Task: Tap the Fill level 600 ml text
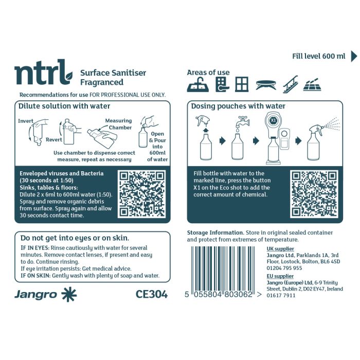click(x=318, y=56)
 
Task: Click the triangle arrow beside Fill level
click(x=354, y=56)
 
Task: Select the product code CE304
click(x=152, y=294)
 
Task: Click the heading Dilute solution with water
click(x=64, y=106)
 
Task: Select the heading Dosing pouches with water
click(x=238, y=106)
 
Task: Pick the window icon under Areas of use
click(x=242, y=84)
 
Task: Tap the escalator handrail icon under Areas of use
click(x=290, y=84)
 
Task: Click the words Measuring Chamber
click(x=118, y=124)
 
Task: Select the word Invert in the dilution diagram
click(x=26, y=121)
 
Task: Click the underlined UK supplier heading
click(x=280, y=248)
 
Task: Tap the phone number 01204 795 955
click(x=284, y=268)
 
